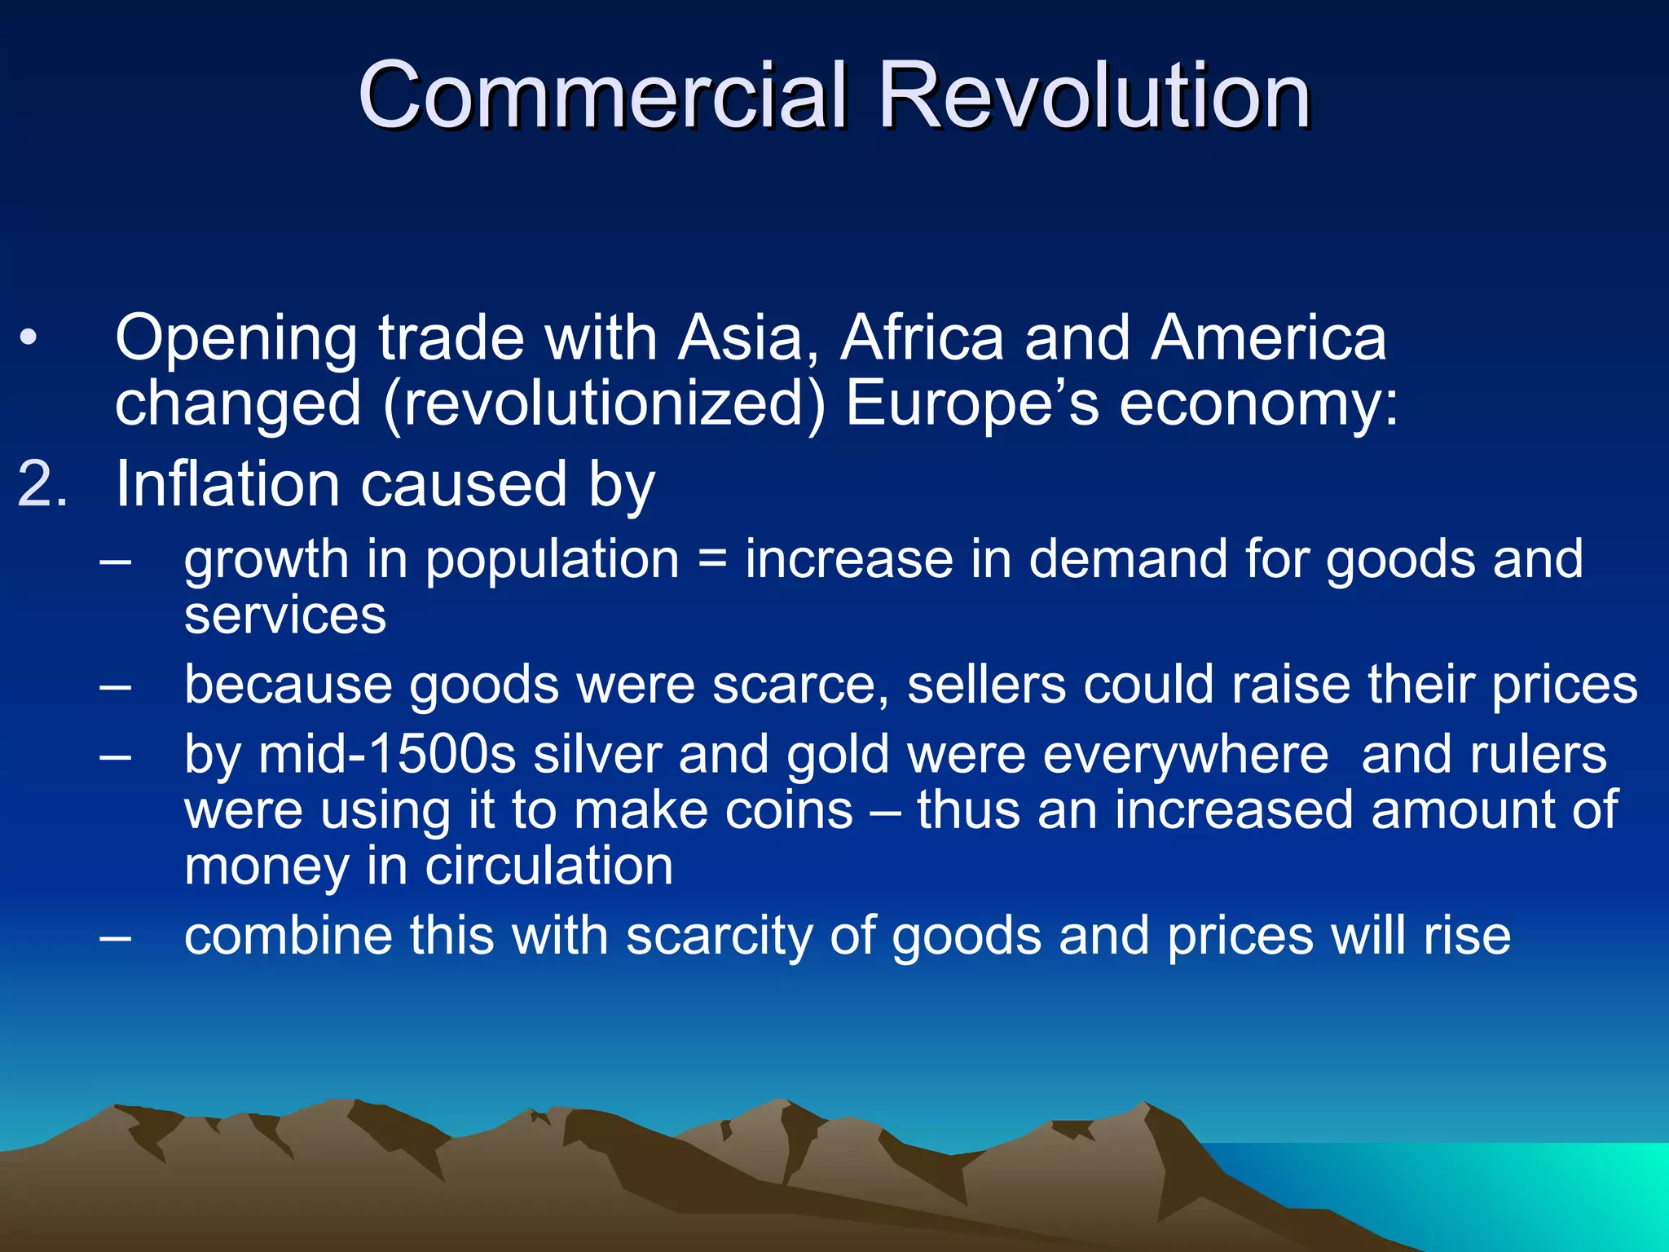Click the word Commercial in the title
603,96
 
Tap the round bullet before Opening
29,338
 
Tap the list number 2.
42,484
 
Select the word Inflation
227,484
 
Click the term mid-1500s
386,755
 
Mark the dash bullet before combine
115,936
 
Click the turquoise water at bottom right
1548,1190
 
